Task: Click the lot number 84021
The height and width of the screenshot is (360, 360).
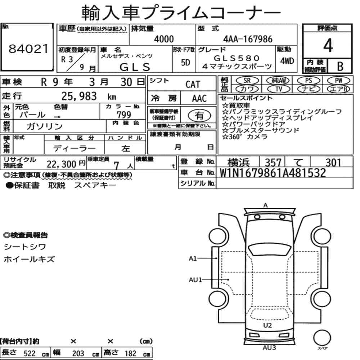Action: (28, 49)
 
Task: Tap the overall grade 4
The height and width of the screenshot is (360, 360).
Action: (328, 45)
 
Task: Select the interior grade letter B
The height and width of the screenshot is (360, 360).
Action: (340, 66)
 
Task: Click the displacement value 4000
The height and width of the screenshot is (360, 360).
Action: (164, 39)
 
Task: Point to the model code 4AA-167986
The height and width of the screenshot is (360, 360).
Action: (248, 39)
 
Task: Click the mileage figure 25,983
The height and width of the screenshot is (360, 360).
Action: (79, 96)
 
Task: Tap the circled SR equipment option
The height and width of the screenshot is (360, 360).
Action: (247, 81)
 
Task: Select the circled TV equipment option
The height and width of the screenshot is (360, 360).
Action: (279, 89)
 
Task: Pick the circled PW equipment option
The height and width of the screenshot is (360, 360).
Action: (338, 81)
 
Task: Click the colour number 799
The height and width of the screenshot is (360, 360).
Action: (124, 114)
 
